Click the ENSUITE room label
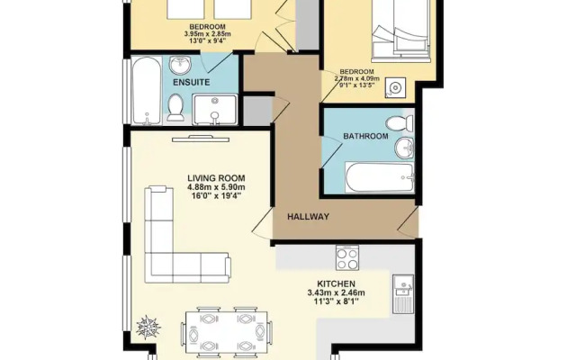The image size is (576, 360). coord(192,82)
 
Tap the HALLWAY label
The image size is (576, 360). coord(308,217)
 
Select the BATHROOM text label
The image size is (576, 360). coord(365,136)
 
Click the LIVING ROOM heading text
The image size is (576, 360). coord(216,178)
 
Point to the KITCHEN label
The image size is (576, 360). coord(336,284)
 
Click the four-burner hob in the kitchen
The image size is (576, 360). coord(347,259)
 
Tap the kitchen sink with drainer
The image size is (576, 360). coord(403,294)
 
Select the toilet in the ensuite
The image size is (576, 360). coord(175,108)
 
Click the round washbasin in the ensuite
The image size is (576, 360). coord(180,66)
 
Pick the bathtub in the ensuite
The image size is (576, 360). coord(146,91)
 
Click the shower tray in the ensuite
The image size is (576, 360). coord(215,110)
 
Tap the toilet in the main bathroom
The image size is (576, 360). coord(400,123)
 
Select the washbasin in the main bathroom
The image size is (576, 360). coord(404,148)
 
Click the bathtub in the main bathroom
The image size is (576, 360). coord(380,178)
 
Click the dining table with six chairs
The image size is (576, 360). coord(226,333)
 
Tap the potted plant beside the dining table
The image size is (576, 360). coord(148,327)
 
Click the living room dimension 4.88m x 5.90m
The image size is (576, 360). coord(216,187)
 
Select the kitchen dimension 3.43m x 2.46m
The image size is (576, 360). coord(336,293)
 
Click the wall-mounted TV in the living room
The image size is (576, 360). coord(201,139)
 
